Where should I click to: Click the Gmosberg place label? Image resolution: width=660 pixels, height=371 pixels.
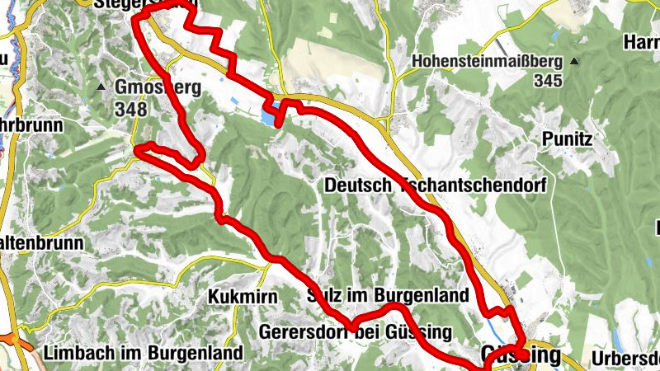[159, 88]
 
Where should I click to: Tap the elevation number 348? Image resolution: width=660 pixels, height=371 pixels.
[131, 109]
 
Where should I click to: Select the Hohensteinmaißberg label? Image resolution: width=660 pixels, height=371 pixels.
[487, 62]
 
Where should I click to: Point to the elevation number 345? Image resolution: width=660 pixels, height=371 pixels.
[547, 81]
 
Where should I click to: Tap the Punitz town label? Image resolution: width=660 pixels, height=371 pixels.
[568, 140]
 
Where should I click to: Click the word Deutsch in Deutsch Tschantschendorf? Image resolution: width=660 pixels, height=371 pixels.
[359, 185]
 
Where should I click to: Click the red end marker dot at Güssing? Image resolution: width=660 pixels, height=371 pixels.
[523, 355]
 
